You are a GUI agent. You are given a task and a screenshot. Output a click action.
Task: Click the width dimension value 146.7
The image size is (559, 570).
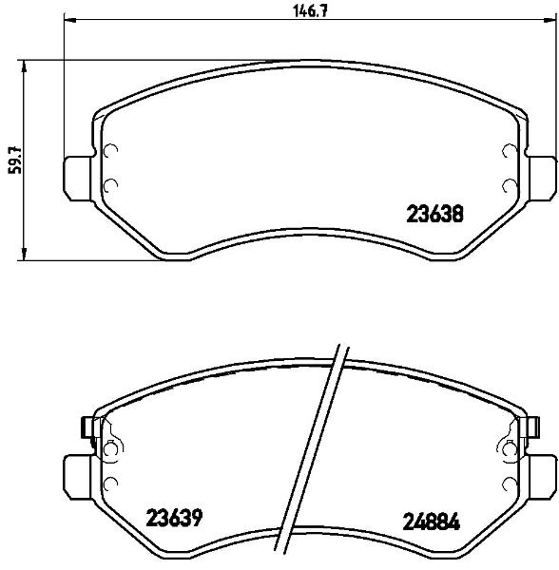click(311, 11)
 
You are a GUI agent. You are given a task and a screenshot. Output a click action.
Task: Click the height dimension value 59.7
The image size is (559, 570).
click(15, 161)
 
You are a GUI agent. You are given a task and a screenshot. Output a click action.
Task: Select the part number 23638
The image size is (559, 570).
click(434, 214)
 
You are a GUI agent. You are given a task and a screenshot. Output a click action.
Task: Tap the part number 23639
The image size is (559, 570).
click(174, 518)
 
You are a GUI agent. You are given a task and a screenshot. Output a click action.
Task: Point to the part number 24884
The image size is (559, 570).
click(432, 522)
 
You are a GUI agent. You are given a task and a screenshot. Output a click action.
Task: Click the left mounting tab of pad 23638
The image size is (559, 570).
click(78, 179)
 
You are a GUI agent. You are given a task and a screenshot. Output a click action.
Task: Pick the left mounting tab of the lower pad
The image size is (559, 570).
click(78, 478)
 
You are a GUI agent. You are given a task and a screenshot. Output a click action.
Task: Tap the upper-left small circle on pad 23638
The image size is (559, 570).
click(110, 150)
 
